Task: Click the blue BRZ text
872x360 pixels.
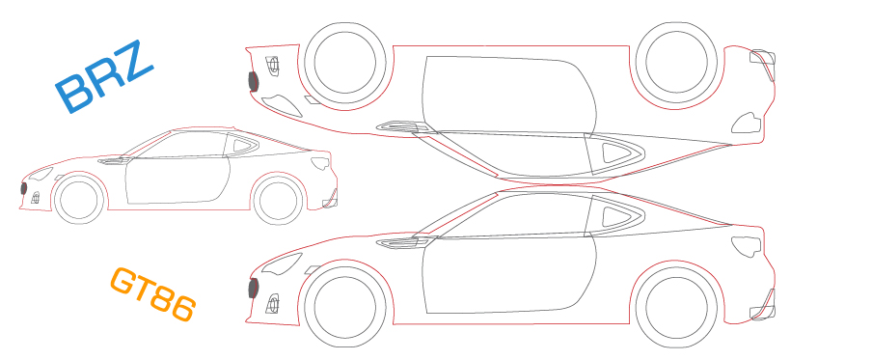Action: click(104, 77)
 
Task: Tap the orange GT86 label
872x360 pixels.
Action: click(153, 294)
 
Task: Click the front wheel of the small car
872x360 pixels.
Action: click(79, 200)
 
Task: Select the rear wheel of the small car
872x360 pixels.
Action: click(278, 199)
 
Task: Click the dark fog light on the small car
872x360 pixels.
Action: click(24, 187)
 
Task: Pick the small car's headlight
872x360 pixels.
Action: click(40, 174)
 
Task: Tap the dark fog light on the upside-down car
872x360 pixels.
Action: click(255, 81)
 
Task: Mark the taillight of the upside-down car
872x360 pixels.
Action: click(748, 122)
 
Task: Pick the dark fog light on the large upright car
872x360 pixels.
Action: click(255, 288)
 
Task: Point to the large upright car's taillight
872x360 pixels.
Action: click(748, 245)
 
